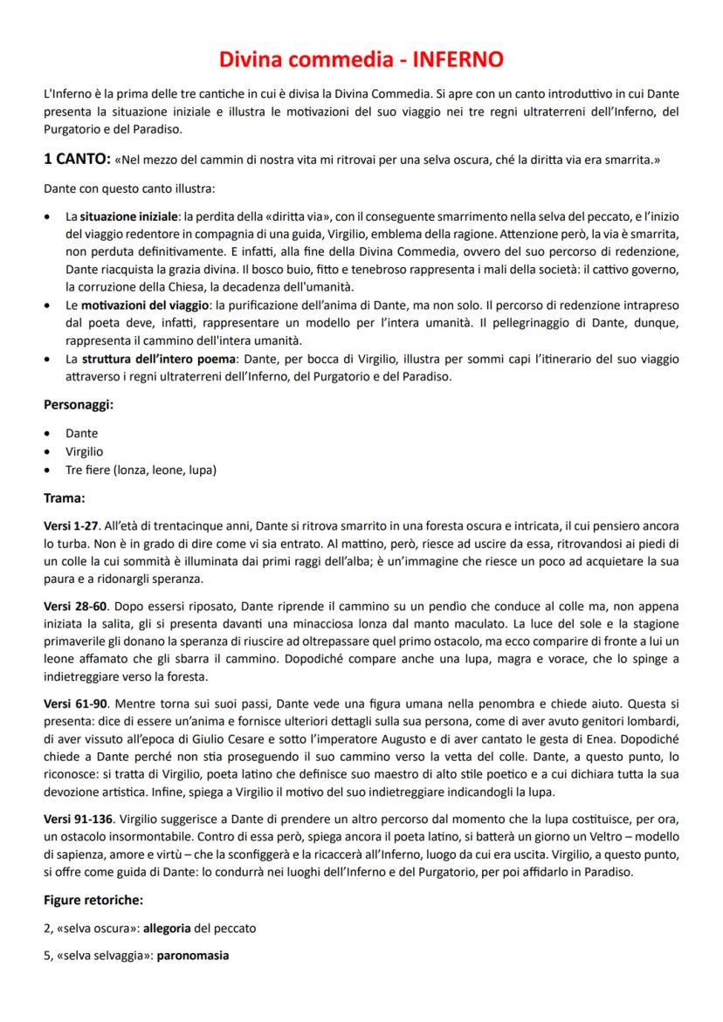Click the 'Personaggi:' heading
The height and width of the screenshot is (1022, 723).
click(x=79, y=405)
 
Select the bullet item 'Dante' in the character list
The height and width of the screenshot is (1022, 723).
click(x=82, y=433)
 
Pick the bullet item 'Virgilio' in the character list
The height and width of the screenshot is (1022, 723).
click(x=85, y=451)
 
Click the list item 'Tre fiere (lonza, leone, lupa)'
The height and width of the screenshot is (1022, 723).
click(x=141, y=470)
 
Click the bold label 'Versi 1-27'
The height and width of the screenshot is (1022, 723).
click(x=72, y=528)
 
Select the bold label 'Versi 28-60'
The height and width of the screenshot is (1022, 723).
click(x=75, y=605)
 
